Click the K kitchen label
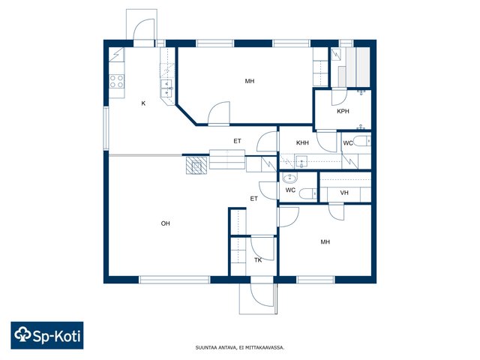coord(143,103)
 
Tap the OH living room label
coord(165,223)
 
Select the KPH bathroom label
coord(343,111)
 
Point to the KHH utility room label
coord(302,142)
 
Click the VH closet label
coord(344,193)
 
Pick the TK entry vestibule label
coord(258,260)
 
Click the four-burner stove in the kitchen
coord(117,82)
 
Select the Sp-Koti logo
coord(47,335)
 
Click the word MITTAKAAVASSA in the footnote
coord(268,348)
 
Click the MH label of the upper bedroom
coord(250,81)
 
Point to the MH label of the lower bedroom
coord(325,241)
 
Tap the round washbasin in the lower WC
coord(289,178)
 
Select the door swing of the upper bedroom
coord(219,113)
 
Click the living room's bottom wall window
coord(175,280)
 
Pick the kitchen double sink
coord(166,88)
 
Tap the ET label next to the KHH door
coord(237,141)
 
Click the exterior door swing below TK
coord(262,295)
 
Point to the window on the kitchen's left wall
coord(106,128)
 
